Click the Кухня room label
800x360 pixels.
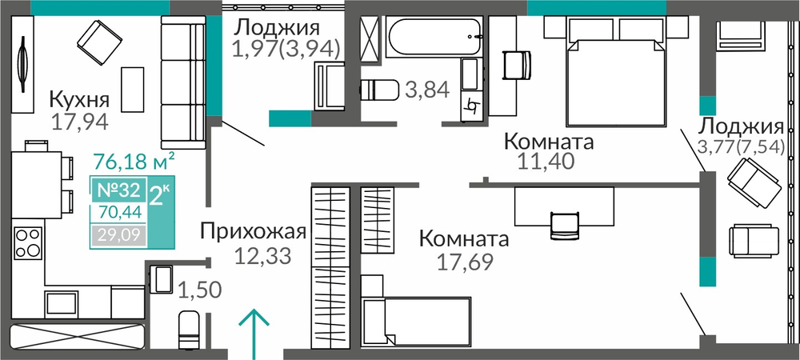coord(79,99)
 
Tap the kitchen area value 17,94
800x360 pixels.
coord(79,122)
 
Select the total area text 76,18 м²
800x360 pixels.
coord(134,162)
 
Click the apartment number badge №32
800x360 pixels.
coord(118,190)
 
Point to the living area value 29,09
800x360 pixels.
coord(118,236)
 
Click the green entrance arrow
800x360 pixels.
coord(254,334)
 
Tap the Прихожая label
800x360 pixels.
coord(253,232)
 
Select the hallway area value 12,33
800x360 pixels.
coord(262,255)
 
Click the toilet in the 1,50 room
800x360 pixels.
coord(188,330)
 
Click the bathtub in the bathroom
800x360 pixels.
coord(434,37)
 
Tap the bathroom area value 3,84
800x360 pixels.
coord(427,90)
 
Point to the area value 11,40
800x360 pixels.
coord(546,161)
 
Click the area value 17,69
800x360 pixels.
coord(465,262)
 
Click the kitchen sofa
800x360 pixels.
coord(183,82)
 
